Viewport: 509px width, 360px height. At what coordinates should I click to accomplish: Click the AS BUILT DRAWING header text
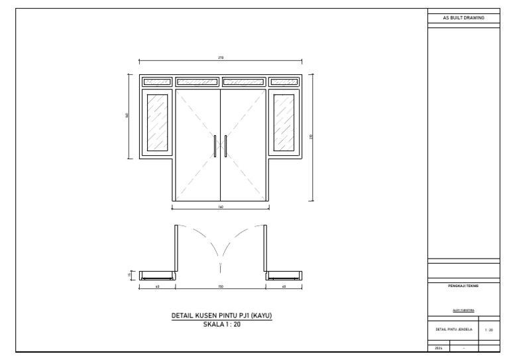coord(463,18)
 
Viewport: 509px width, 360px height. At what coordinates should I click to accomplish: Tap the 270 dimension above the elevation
coord(220,58)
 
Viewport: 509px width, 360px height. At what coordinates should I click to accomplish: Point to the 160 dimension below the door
coord(220,207)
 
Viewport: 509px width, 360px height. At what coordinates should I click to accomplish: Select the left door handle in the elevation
coord(215,146)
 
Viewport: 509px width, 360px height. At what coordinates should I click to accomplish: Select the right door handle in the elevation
coord(226,146)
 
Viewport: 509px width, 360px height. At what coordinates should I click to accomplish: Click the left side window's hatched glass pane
coord(157,123)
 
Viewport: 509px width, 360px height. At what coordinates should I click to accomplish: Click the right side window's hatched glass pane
coord(284,123)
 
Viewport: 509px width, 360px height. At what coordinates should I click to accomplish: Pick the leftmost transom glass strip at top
coord(157,82)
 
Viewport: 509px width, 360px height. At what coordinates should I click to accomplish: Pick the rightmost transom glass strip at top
coord(284,82)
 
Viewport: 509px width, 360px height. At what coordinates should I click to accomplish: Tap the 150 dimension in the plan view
coord(220,286)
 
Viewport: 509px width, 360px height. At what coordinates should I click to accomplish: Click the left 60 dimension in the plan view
coord(157,286)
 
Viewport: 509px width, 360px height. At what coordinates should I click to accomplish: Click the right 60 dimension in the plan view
coord(284,286)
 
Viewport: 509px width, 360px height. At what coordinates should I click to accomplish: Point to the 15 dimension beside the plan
coord(130,275)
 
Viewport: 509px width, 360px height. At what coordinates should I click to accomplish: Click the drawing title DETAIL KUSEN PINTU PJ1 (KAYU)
coord(222,316)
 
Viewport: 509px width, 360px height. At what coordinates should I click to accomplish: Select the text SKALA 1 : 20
coord(222,324)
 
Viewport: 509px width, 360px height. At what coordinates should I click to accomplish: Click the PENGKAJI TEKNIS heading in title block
coord(463,286)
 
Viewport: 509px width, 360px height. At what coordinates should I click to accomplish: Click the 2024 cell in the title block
coord(439,347)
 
